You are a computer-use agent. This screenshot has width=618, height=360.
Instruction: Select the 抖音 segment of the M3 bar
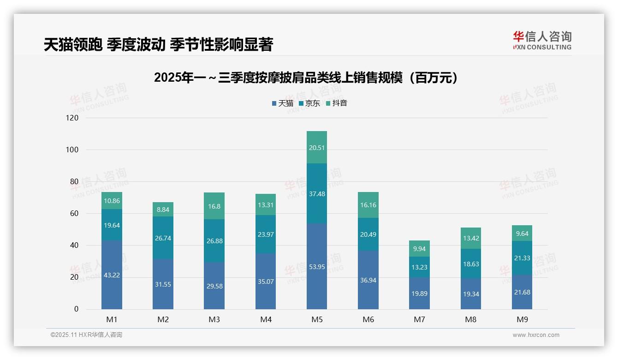(x=214, y=206)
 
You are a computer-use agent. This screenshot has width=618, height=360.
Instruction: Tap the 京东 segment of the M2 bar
(x=163, y=238)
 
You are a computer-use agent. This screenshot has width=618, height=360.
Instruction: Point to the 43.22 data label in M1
(x=112, y=275)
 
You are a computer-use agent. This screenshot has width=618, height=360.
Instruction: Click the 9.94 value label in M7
(x=419, y=249)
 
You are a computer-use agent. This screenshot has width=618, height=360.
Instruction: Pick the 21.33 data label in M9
(x=522, y=258)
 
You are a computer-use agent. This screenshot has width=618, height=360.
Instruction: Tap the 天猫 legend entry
(x=282, y=103)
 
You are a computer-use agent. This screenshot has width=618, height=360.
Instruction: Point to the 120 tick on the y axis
(x=73, y=118)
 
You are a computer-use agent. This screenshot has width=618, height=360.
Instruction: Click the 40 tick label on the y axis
(x=74, y=246)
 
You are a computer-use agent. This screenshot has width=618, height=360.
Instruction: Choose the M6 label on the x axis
(x=368, y=319)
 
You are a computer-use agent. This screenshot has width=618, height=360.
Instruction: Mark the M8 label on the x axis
(x=470, y=319)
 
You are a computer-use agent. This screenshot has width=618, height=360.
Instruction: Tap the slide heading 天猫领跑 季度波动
(x=158, y=45)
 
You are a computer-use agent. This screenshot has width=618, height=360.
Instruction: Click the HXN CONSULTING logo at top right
(x=542, y=41)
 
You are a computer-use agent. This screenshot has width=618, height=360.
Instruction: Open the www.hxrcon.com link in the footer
(x=535, y=335)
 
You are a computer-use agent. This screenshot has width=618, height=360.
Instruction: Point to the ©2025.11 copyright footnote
(x=86, y=335)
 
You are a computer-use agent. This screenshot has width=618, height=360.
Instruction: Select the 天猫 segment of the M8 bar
(x=470, y=294)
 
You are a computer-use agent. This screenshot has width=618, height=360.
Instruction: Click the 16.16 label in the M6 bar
(x=368, y=205)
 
